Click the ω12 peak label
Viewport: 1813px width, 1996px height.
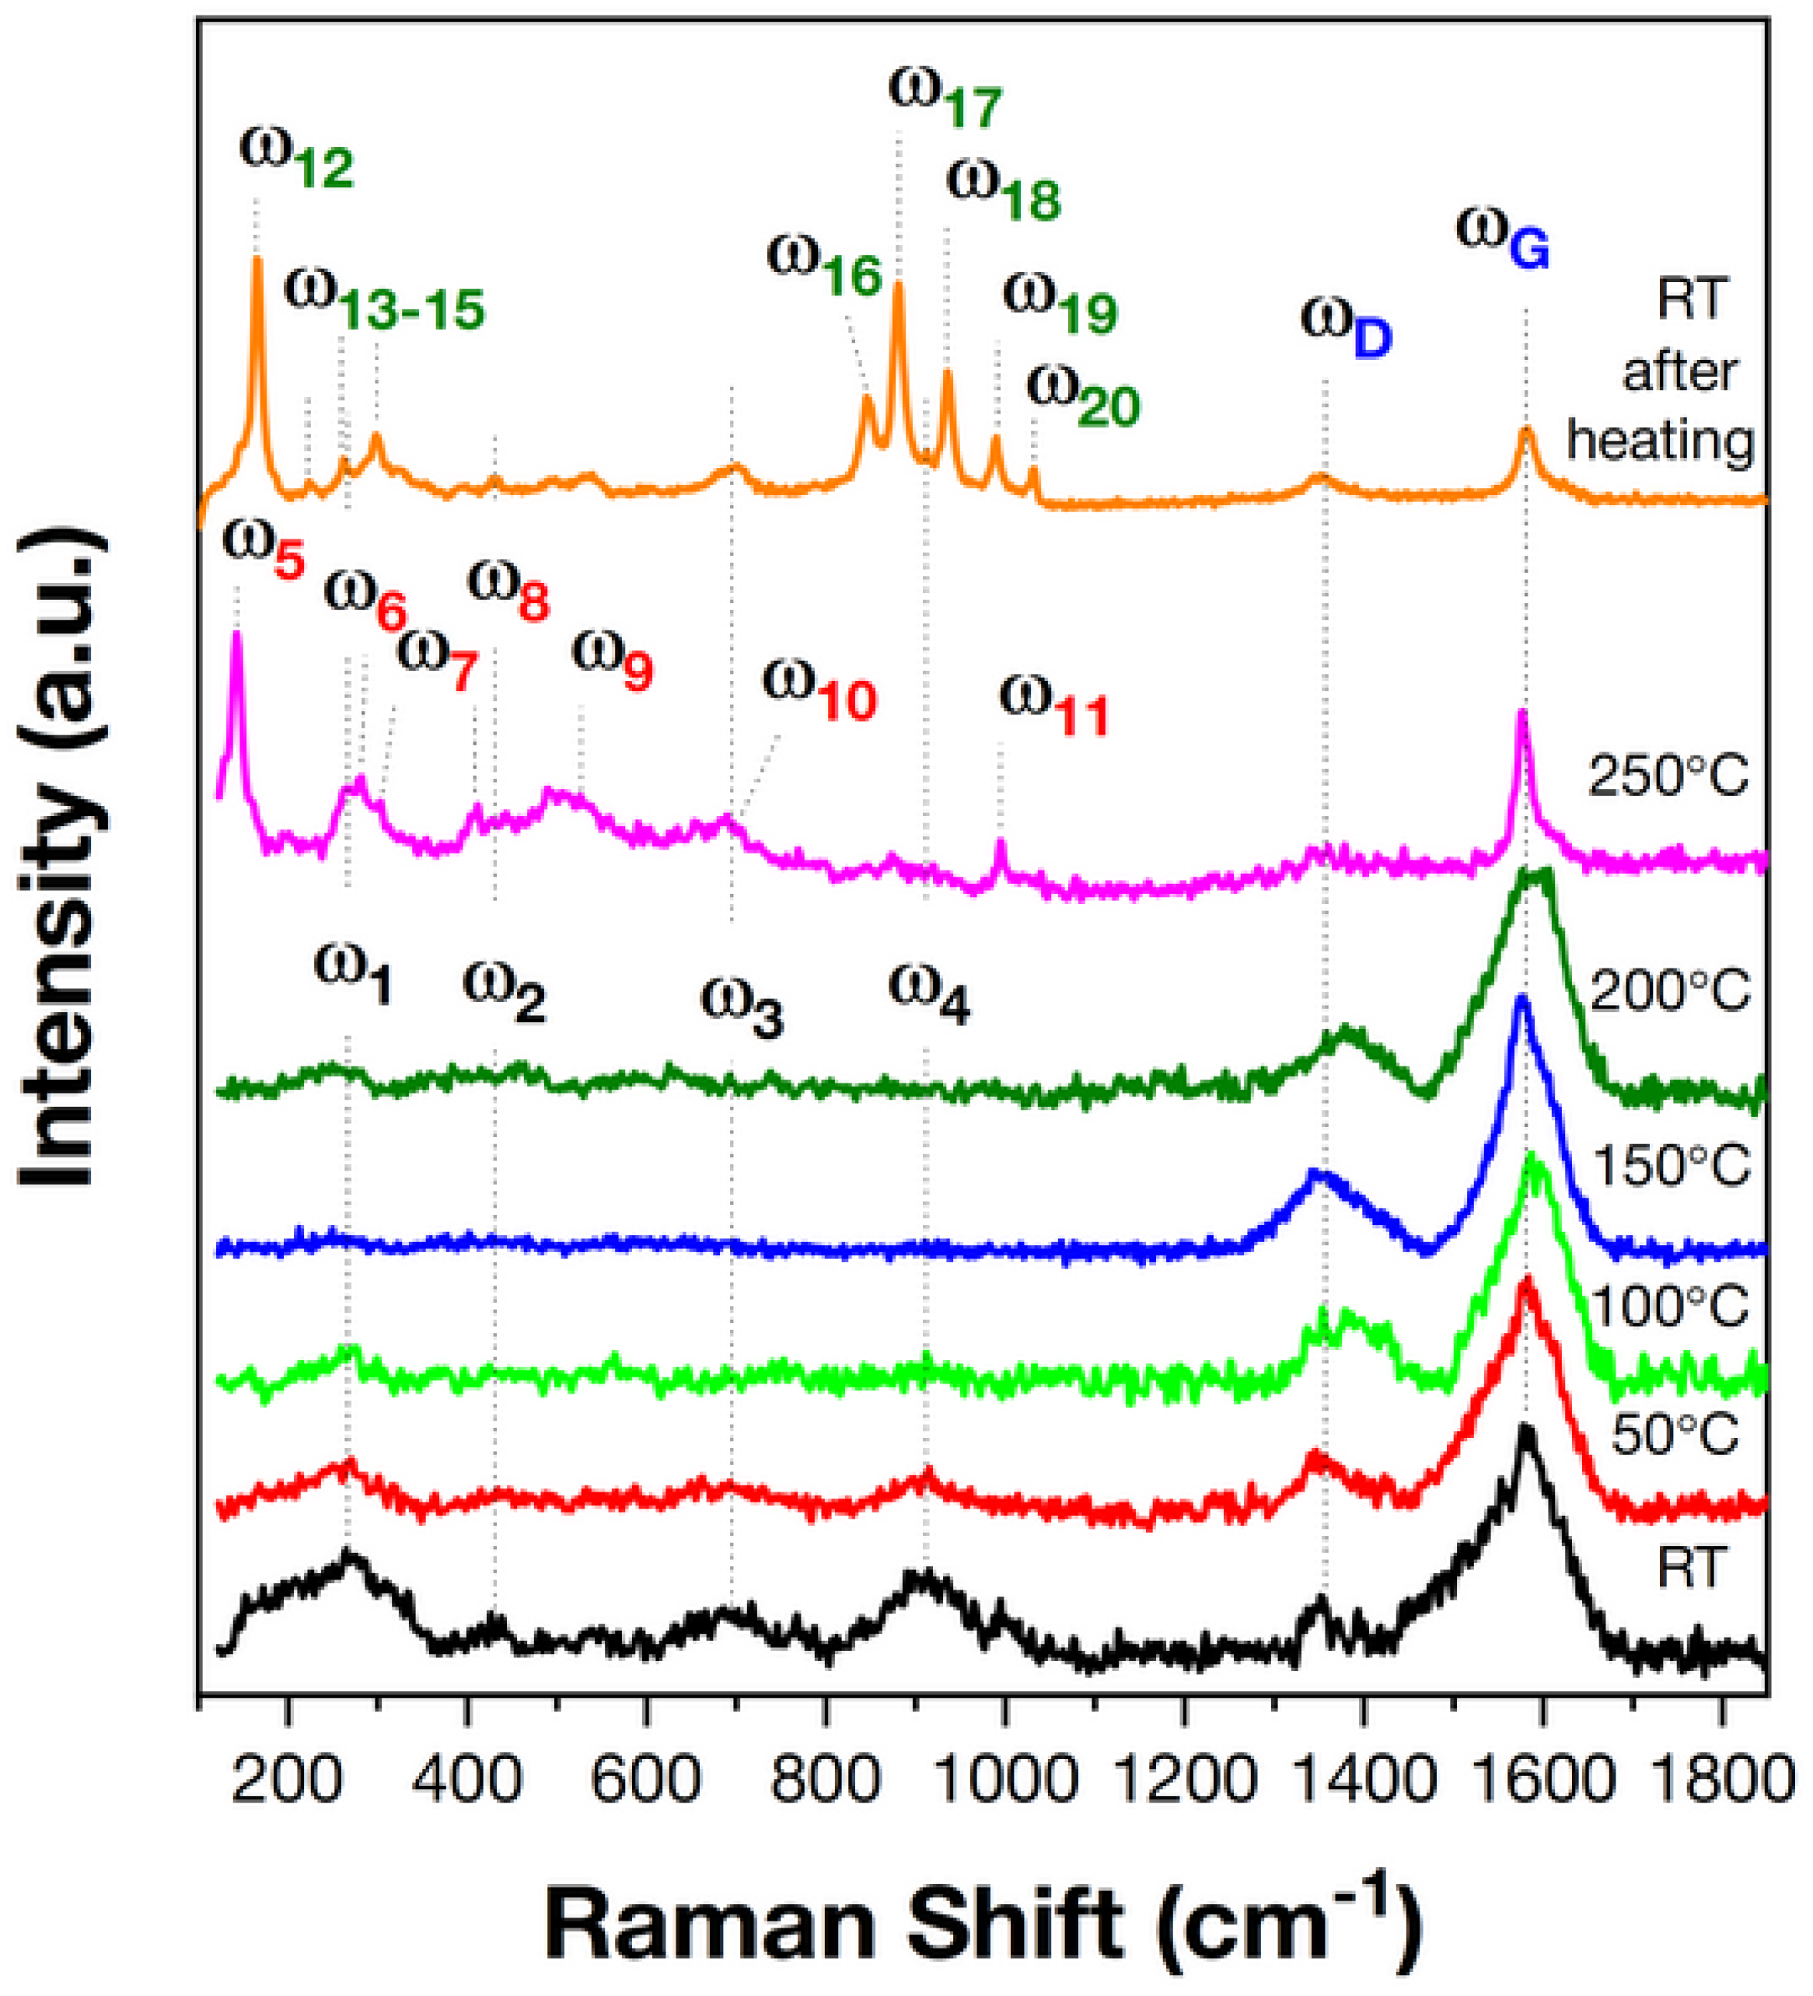point(295,159)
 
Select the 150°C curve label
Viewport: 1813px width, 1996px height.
point(1671,1165)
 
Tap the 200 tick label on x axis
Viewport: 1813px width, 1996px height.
point(287,1779)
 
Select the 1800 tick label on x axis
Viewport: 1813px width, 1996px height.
point(1723,1779)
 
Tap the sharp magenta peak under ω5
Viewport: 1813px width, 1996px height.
point(236,636)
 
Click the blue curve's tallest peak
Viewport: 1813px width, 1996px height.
point(1523,1002)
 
